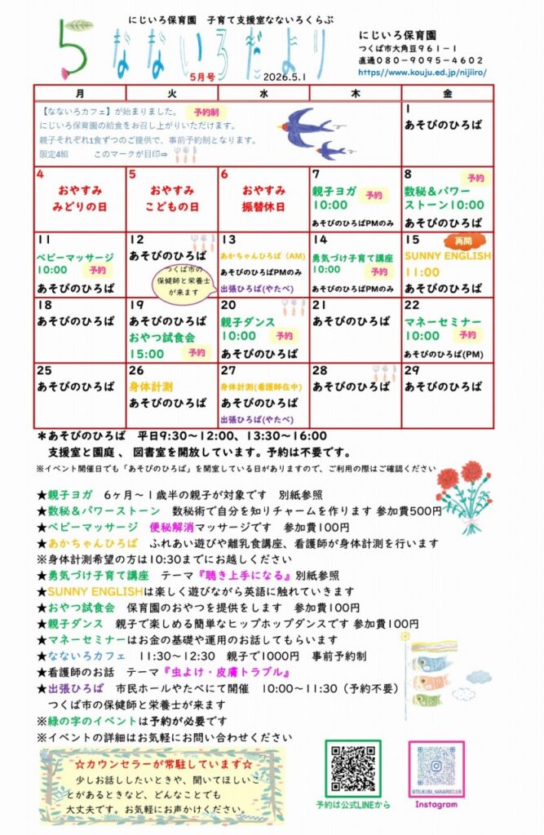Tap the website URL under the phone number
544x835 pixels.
422,72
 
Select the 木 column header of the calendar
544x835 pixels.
355,92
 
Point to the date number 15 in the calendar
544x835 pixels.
412,240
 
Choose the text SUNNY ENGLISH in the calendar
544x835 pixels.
448,255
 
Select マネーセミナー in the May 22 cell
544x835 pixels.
443,322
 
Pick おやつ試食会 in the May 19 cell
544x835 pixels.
161,337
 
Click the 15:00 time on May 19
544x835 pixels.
147,353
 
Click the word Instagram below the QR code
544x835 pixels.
436,804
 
